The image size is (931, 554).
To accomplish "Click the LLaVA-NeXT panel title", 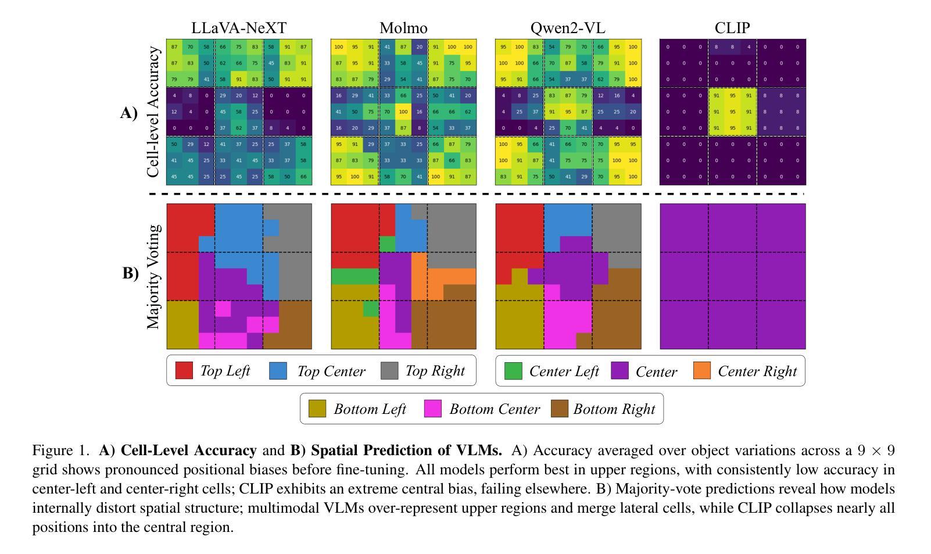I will click(239, 28).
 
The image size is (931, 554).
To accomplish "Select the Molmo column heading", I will click(403, 28).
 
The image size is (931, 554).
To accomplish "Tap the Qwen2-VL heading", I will click(568, 28).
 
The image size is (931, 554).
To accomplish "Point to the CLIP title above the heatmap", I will click(732, 28).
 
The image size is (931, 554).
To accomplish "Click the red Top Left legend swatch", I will click(184, 371).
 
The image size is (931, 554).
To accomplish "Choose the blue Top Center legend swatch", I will click(278, 371).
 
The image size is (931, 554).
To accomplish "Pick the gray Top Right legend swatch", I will click(389, 371).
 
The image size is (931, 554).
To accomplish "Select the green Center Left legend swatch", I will click(513, 371).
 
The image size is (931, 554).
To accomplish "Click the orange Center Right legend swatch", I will click(702, 371).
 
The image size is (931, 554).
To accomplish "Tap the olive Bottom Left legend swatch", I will click(317, 409).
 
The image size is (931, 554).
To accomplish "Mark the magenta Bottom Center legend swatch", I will click(434, 409).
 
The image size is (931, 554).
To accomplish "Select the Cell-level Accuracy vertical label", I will click(153, 112).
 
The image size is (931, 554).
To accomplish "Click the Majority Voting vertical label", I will click(153, 277).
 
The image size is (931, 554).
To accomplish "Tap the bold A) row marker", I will click(129, 113).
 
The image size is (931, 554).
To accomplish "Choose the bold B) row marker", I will click(130, 273).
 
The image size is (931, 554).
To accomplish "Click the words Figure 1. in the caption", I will click(61, 451).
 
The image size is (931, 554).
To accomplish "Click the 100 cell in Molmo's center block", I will click(403, 112).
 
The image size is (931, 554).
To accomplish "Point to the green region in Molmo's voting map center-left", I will click(355, 276).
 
